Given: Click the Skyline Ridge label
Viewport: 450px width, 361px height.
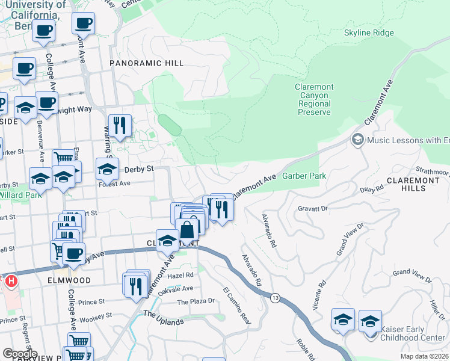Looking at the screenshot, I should [x=369, y=32].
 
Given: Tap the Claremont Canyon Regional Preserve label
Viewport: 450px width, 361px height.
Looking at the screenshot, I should [x=313, y=99].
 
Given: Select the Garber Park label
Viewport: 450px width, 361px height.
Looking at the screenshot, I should [x=304, y=176].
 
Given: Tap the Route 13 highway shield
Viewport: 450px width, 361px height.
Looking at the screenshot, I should [x=275, y=298].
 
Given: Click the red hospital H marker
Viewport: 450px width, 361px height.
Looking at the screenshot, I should [x=10, y=281].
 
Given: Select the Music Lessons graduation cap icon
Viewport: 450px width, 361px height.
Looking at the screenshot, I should [x=357, y=140].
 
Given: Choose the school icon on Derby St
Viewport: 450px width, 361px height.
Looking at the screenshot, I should [x=106, y=169].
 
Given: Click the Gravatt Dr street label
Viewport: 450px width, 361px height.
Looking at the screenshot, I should [x=312, y=208].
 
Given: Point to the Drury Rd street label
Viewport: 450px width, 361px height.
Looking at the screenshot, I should [x=371, y=189].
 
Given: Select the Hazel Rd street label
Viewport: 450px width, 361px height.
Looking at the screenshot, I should [x=180, y=274].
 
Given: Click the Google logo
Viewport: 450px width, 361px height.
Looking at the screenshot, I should [x=20, y=354].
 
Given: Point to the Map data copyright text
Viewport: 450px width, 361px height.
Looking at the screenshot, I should [x=427, y=356].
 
